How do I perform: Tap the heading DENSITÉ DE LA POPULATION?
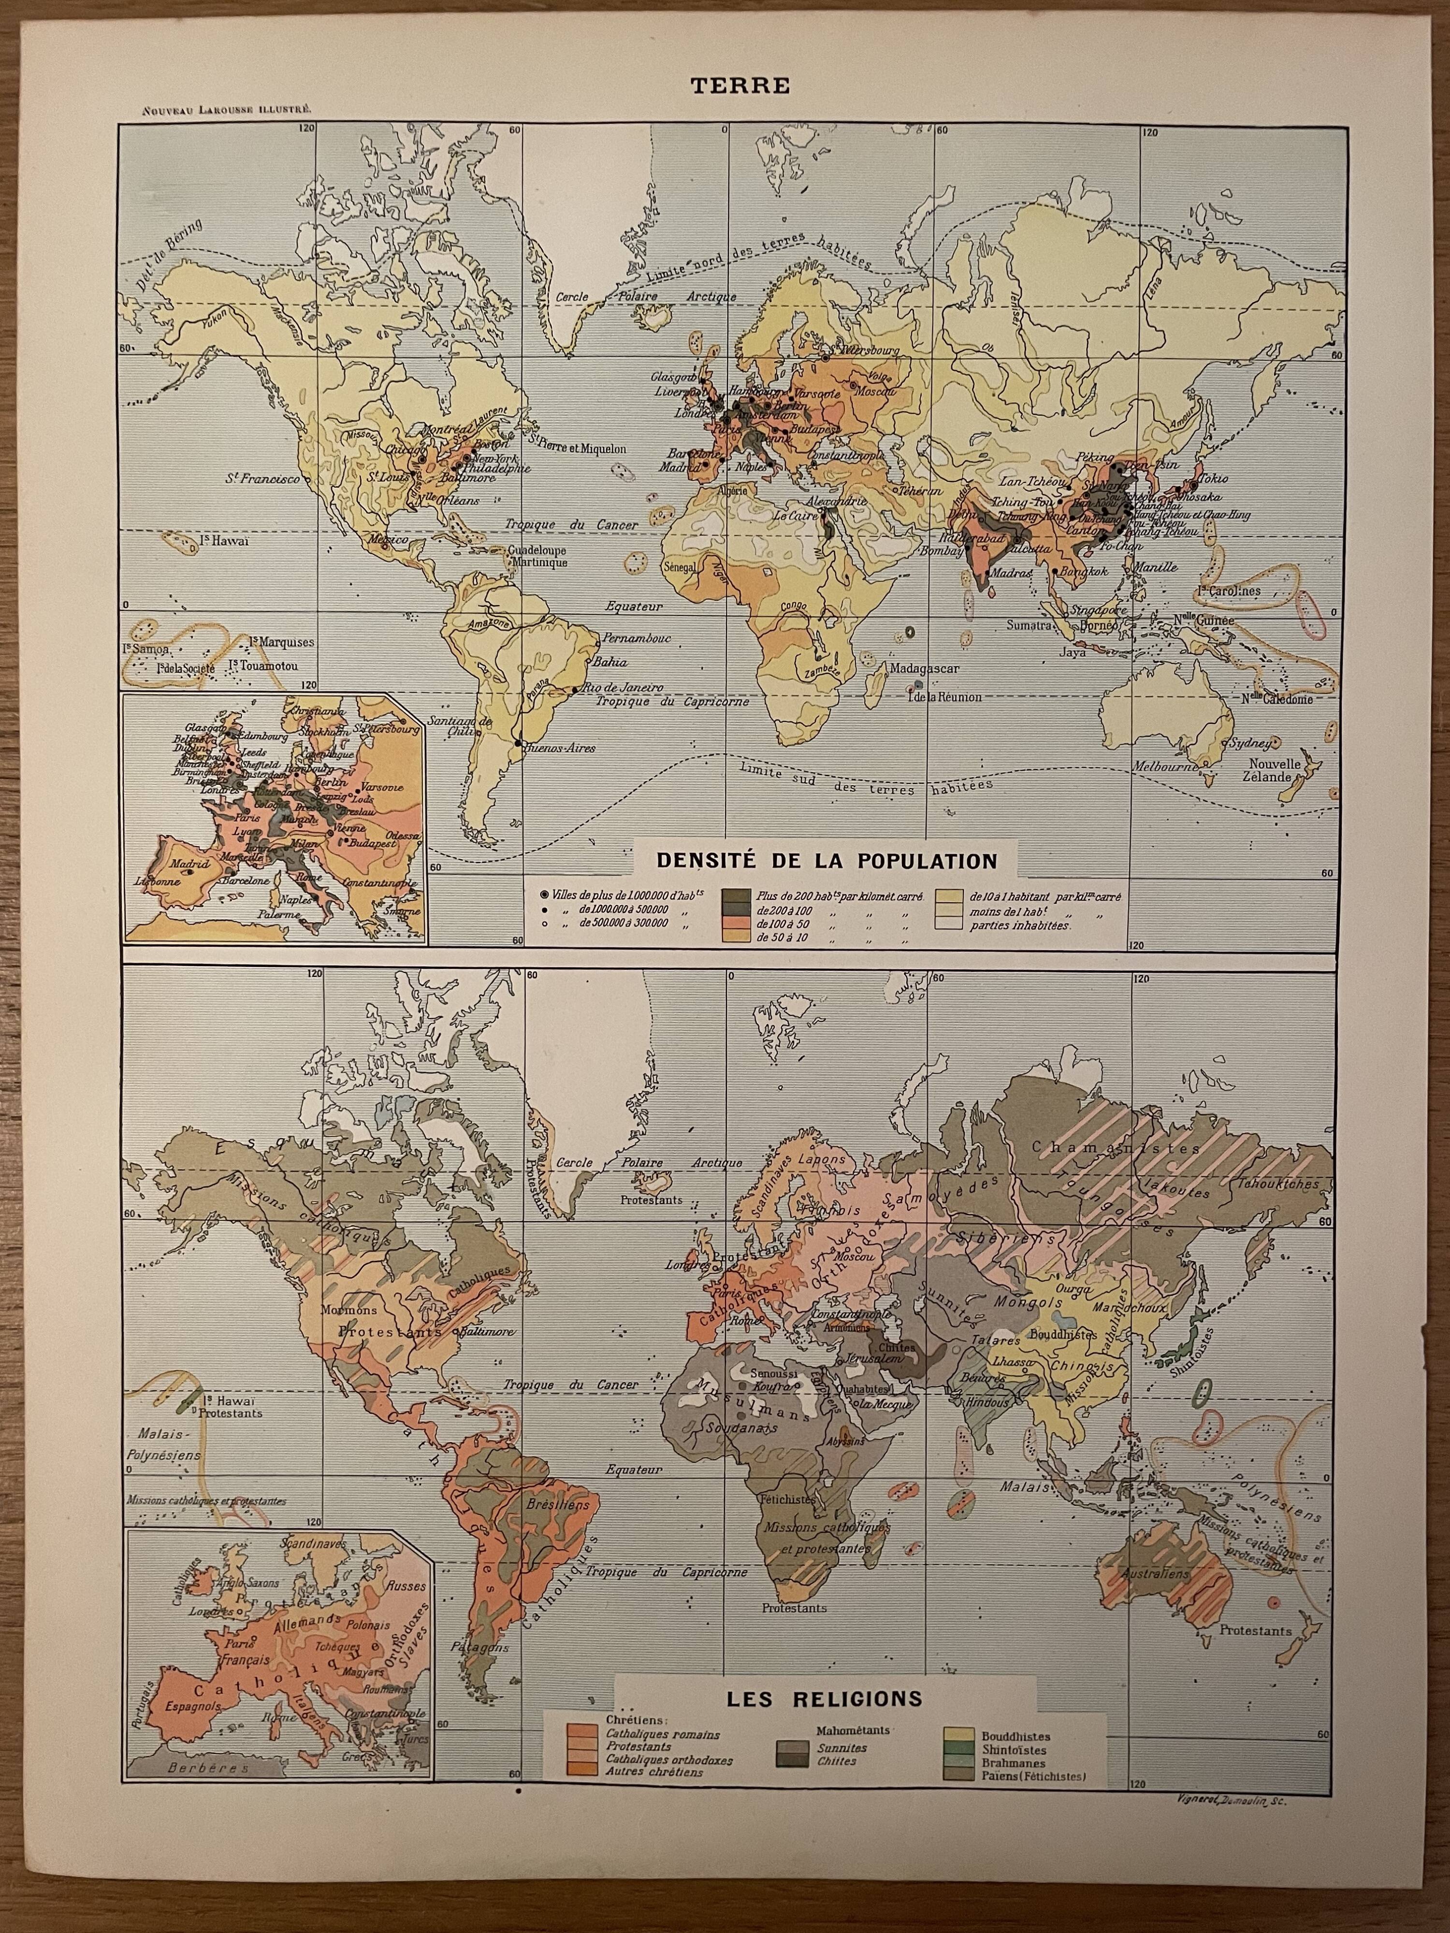pos(827,861)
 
